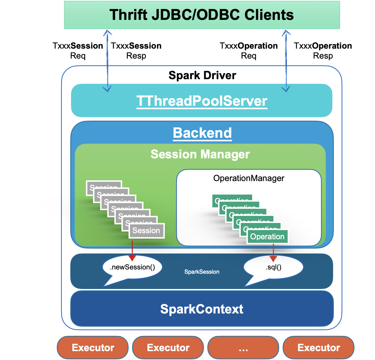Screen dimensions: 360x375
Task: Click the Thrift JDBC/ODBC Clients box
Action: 202,15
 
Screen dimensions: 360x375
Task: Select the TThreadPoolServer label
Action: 202,102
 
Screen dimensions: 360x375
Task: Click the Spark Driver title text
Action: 202,75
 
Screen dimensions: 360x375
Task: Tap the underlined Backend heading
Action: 202,133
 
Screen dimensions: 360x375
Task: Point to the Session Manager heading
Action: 200,154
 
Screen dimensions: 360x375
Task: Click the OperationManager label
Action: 249,178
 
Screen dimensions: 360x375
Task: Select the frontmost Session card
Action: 146,231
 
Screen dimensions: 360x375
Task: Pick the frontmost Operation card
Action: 267,237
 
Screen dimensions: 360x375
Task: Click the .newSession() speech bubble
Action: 132,267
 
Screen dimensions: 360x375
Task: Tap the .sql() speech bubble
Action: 273,267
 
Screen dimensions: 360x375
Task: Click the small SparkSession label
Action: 202,272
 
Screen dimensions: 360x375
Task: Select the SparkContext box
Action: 202,309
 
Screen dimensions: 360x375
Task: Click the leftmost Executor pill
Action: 93,348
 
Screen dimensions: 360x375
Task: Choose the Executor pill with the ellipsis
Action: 243,348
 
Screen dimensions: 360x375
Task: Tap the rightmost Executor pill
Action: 319,348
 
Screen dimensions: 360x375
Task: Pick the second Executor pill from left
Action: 168,348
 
